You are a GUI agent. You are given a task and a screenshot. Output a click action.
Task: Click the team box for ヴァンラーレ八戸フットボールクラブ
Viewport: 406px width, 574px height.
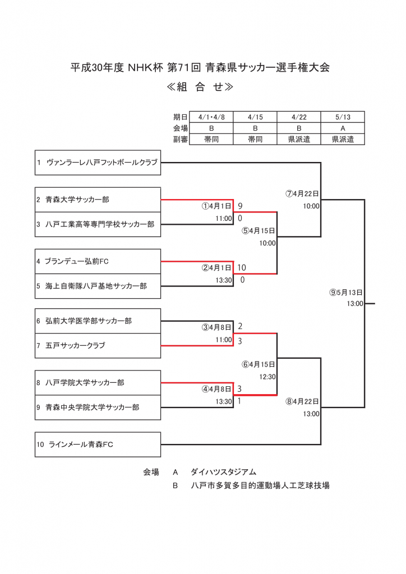[x=98, y=163]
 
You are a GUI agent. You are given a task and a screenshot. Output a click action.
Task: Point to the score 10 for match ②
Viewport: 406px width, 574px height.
[x=242, y=267]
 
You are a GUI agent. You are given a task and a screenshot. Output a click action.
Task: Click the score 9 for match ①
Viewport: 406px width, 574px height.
[x=241, y=206]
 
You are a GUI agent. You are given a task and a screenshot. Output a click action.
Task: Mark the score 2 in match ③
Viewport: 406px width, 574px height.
[x=241, y=326]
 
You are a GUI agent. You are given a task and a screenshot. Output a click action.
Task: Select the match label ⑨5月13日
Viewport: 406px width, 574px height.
[x=347, y=293]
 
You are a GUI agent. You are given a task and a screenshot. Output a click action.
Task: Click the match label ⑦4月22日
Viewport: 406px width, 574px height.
[x=302, y=194]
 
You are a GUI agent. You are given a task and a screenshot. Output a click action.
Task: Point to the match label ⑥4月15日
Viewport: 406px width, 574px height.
[x=259, y=364]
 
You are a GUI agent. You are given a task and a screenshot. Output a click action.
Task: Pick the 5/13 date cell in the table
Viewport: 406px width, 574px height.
[x=343, y=117]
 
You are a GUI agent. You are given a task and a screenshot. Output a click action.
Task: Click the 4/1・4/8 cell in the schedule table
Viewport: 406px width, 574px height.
[x=211, y=117]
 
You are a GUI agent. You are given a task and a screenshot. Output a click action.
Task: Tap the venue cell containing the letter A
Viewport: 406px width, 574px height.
[x=343, y=128]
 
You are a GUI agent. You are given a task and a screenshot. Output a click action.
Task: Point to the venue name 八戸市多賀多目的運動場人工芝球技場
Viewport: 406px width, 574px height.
[x=260, y=485]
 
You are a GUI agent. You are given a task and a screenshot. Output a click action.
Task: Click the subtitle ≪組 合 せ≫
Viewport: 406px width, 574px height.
[x=200, y=87]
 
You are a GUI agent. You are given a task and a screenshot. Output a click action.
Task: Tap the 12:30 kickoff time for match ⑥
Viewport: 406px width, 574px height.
[x=267, y=377]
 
